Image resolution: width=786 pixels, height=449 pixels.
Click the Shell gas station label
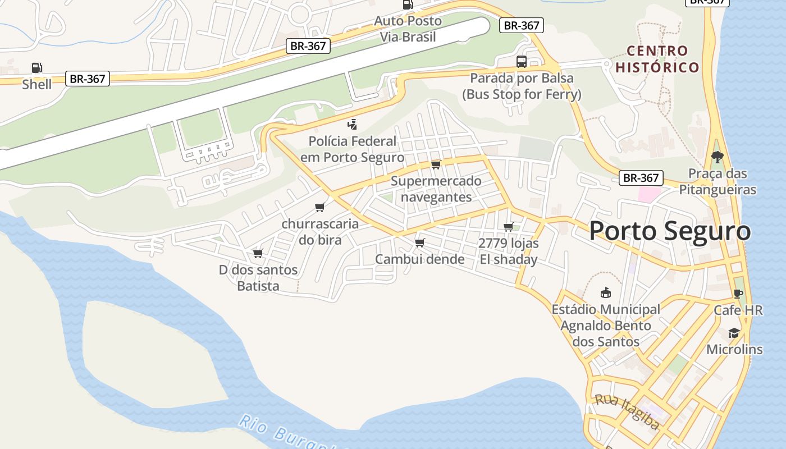pyautogui.click(x=36, y=85)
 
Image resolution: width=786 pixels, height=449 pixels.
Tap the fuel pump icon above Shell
pyautogui.click(x=36, y=68)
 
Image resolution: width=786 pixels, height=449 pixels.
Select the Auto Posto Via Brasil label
pyautogui.click(x=408, y=29)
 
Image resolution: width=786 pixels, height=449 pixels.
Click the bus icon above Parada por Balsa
pyautogui.click(x=522, y=61)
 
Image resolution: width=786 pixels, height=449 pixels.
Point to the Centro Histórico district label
pyautogui.click(x=657, y=59)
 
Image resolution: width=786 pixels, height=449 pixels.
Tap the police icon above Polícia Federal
pyautogui.click(x=353, y=124)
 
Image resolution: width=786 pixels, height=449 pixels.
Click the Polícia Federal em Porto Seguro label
pyautogui.click(x=353, y=149)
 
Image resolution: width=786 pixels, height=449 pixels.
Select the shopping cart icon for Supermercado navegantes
pyautogui.click(x=436, y=164)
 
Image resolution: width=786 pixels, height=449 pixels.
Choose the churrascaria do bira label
pyautogui.click(x=320, y=232)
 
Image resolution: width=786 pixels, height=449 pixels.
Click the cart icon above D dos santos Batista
pyautogui.click(x=258, y=254)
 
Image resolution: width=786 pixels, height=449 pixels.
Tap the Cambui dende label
pyautogui.click(x=419, y=259)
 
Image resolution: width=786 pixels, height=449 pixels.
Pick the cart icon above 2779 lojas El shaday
pyautogui.click(x=508, y=227)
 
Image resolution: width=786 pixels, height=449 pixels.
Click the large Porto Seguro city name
pyautogui.click(x=670, y=231)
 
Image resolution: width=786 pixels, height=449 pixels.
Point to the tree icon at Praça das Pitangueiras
pyautogui.click(x=717, y=157)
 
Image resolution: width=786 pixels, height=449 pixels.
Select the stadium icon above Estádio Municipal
pyautogui.click(x=606, y=292)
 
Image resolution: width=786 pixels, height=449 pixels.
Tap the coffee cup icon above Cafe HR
pyautogui.click(x=738, y=294)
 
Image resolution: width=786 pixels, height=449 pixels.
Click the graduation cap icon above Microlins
pyautogui.click(x=734, y=333)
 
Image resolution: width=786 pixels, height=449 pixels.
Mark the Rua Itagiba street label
pyautogui.click(x=627, y=412)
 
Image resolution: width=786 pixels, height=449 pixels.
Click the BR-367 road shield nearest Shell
pyautogui.click(x=87, y=79)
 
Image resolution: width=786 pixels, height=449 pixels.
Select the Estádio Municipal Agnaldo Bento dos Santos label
pyautogui.click(x=606, y=326)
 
